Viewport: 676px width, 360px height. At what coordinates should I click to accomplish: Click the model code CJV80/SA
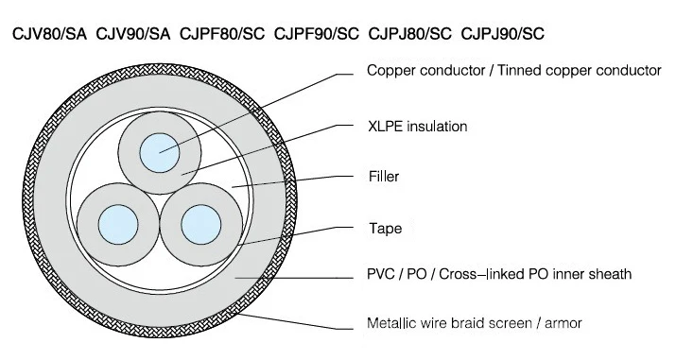[x=49, y=34]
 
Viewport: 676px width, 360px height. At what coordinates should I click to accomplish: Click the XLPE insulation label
[x=417, y=125]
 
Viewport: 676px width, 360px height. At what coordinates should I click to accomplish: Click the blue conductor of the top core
[x=160, y=151]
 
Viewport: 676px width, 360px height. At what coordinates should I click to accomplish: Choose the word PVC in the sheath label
[x=380, y=274]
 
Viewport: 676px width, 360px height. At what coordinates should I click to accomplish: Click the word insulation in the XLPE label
[x=436, y=125]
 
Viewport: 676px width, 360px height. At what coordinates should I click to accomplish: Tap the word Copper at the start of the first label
[x=388, y=70]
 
